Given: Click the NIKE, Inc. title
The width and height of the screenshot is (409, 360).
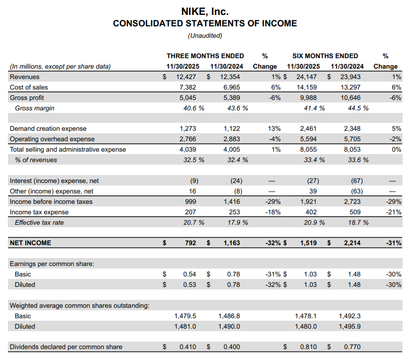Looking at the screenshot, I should click(x=205, y=11).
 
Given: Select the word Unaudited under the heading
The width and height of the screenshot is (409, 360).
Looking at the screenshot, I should click(x=205, y=36).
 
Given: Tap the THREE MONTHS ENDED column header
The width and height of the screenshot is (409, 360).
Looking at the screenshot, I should click(x=205, y=56).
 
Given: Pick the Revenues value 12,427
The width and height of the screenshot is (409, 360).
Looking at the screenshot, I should click(x=186, y=77).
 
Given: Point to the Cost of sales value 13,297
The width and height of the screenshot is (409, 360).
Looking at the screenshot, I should click(x=351, y=88).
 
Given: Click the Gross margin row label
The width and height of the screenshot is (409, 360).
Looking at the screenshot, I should click(x=34, y=108).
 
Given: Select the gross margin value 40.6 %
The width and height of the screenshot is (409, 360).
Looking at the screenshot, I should click(x=192, y=108).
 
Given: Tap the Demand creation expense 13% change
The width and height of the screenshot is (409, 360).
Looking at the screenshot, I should click(x=274, y=129).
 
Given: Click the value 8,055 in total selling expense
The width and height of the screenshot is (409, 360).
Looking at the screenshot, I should click(x=309, y=149).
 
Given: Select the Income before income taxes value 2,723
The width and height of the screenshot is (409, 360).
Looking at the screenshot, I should click(x=351, y=201).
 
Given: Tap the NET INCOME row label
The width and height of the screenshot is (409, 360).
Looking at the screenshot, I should click(x=30, y=243).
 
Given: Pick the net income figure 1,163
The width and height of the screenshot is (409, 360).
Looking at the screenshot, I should click(x=230, y=243).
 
